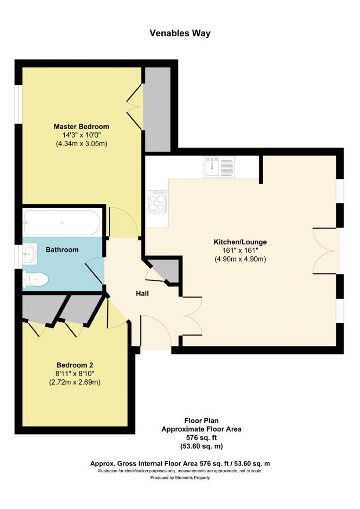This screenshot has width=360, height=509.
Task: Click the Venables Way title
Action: pyautogui.click(x=180, y=33)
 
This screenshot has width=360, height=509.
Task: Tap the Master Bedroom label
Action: pyautogui.click(x=81, y=126)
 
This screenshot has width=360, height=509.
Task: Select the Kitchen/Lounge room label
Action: pyautogui.click(x=240, y=242)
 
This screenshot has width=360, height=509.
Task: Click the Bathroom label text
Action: pyautogui.click(x=62, y=250)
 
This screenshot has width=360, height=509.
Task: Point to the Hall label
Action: pyautogui.click(x=142, y=293)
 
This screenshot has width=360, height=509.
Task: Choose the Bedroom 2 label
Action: pyautogui.click(x=75, y=365)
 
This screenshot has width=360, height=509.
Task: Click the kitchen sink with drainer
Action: pyautogui.click(x=219, y=167)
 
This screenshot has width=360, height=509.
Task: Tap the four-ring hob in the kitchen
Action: pyautogui.click(x=157, y=202)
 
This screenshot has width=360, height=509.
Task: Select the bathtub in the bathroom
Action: pyautogui.click(x=62, y=223)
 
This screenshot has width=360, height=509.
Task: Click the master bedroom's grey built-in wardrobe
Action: pyautogui.click(x=157, y=109)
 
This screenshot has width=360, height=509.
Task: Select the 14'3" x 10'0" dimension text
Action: pyautogui.click(x=81, y=135)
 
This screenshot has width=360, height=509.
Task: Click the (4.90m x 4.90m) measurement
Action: pyautogui.click(x=240, y=260)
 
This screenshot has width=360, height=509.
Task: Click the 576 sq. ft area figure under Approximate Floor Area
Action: pyautogui.click(x=201, y=438)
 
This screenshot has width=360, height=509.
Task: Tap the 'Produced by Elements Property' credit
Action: pyautogui.click(x=180, y=478)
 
